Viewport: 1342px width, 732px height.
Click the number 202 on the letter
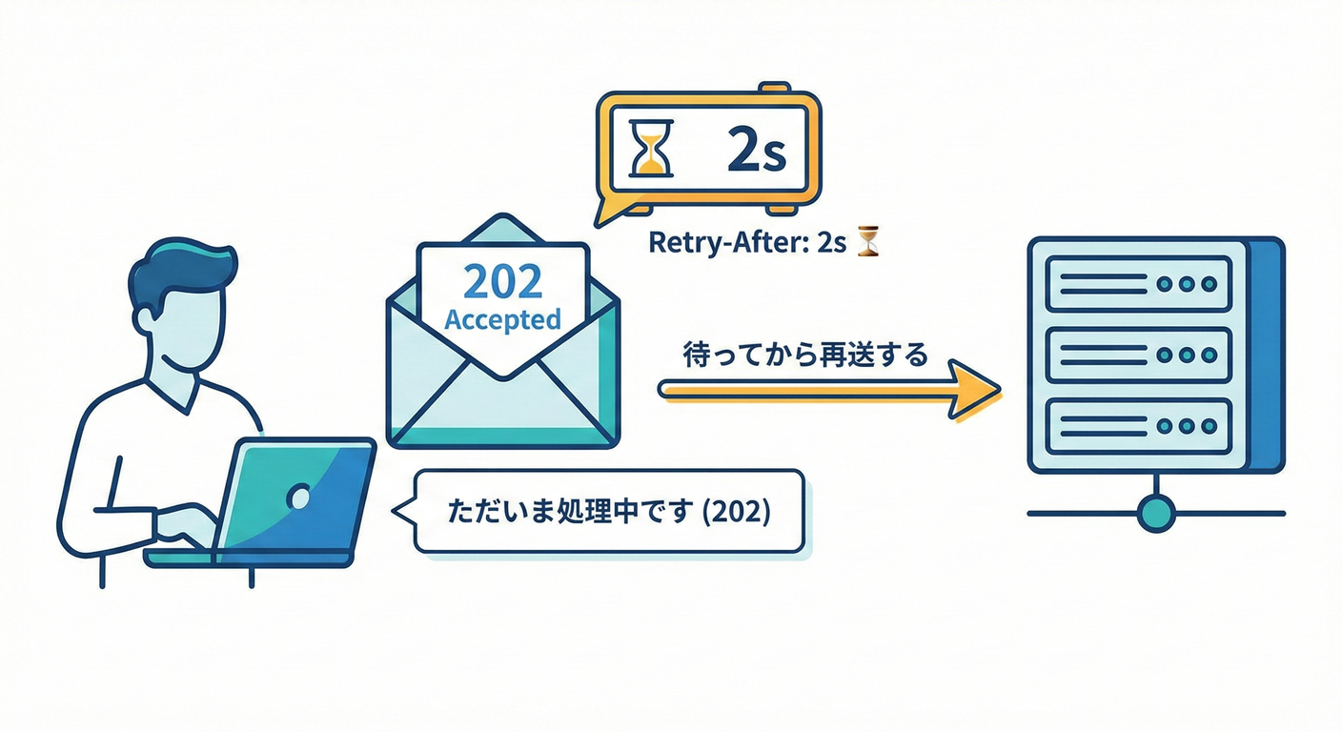pyautogui.click(x=501, y=281)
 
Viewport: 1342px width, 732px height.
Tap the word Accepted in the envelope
pyautogui.click(x=502, y=319)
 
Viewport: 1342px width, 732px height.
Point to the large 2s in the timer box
pyautogui.click(x=755, y=151)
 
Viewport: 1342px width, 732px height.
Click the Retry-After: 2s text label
pyautogui.click(x=747, y=242)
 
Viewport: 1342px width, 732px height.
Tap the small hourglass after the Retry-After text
pyautogui.click(x=868, y=241)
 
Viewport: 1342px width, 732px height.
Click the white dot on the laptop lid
pyautogui.click(x=298, y=497)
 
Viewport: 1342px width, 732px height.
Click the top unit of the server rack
pyautogui.click(x=1139, y=283)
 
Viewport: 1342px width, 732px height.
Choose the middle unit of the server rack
pyautogui.click(x=1139, y=355)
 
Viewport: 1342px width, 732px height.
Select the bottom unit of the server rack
pyautogui.click(x=1139, y=426)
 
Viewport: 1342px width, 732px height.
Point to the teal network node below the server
pyautogui.click(x=1156, y=512)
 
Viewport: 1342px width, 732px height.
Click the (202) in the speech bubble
pyautogui.click(x=735, y=511)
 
